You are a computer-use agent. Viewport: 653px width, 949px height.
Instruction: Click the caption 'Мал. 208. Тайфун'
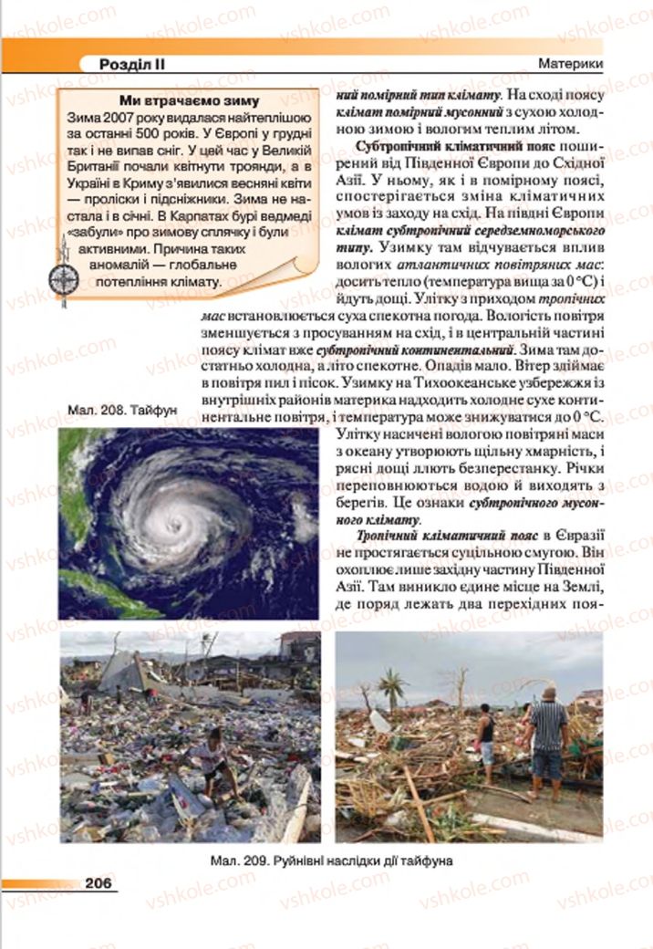click(122, 411)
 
